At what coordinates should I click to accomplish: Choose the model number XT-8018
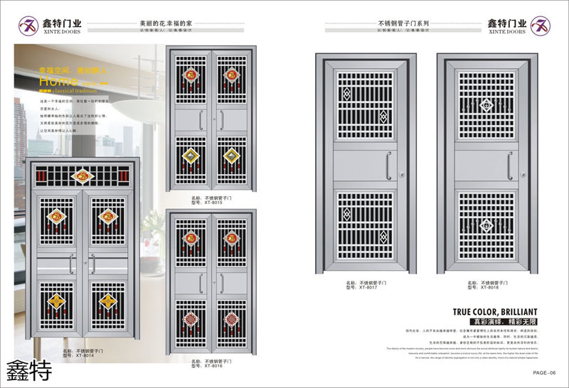[482, 288]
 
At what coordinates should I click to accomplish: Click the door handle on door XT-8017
[387, 165]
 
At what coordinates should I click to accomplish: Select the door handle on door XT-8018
[509, 165]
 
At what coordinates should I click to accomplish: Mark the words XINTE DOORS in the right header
[506, 32]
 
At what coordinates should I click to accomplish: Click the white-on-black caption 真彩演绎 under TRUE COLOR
[474, 322]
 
